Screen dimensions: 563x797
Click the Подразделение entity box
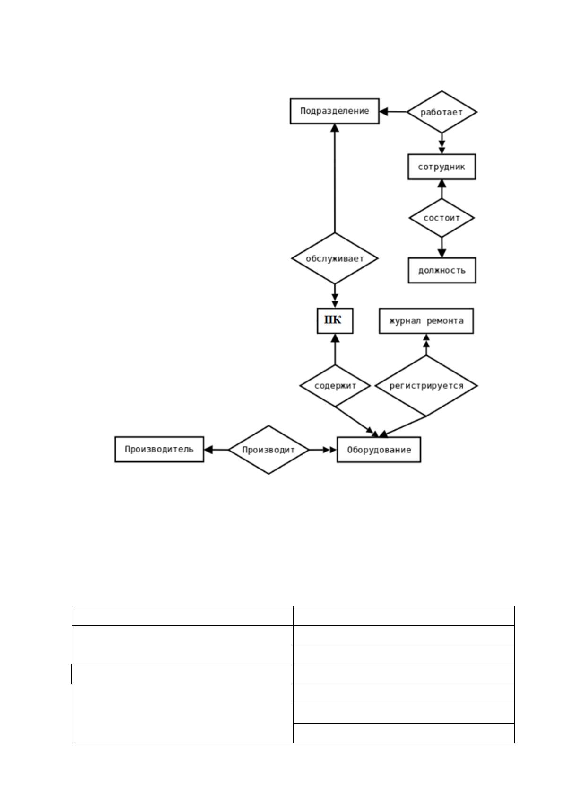[335, 111]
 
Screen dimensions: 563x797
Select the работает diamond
[442, 112]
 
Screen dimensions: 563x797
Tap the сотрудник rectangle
[442, 167]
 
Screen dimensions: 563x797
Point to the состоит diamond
[442, 218]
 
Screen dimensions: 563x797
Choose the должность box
[442, 270]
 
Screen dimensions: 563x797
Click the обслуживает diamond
[335, 258]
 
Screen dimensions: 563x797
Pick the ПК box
[335, 320]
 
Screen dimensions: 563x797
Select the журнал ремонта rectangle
[426, 320]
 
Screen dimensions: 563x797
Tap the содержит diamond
[335, 385]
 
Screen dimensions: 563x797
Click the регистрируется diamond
[426, 385]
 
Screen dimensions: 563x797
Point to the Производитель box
[159, 450]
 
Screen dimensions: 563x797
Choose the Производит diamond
[269, 450]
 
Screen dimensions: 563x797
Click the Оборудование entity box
[379, 450]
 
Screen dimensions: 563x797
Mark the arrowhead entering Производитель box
[208, 450]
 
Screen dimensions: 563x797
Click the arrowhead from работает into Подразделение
[384, 112]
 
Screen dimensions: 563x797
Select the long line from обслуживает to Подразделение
[335, 178]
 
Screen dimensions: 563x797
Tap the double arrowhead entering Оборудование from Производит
[329, 450]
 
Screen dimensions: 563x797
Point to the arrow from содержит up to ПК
[335, 349]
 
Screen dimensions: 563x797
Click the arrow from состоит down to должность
[442, 247]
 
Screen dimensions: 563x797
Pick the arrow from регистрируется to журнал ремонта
[426, 345]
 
